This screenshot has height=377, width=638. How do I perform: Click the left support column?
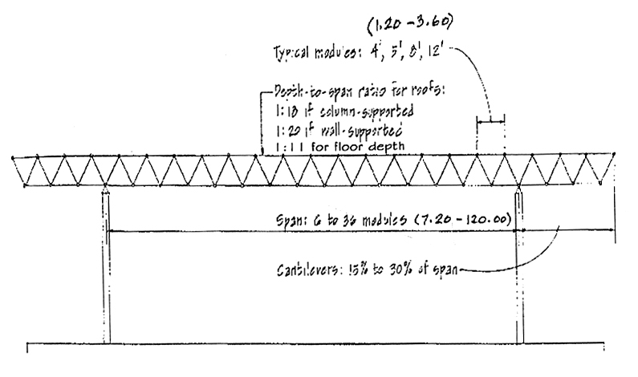[107, 265]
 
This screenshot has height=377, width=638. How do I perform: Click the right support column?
[518, 265]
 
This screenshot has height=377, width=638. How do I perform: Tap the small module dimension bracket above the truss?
[490, 122]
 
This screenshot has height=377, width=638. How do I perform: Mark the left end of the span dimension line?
[110, 231]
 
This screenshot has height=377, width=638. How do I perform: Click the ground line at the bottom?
[321, 345]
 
